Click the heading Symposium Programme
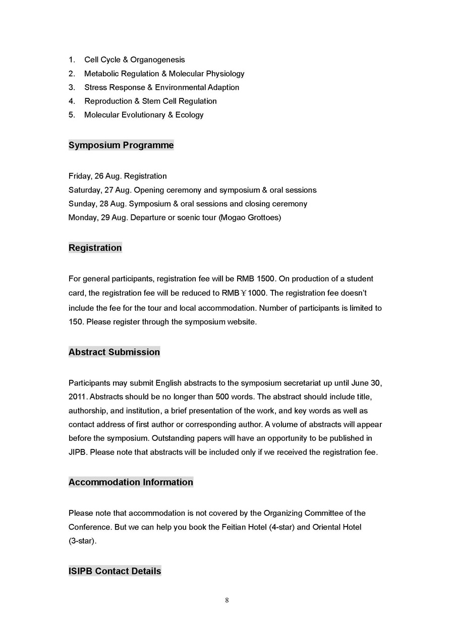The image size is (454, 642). tap(121, 145)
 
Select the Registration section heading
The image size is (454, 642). tap(95, 248)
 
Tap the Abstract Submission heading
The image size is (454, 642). tap(114, 352)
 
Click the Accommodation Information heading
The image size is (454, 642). tap(131, 482)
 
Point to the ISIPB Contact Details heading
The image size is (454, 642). tap(115, 571)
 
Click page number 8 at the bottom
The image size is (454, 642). tap(227, 600)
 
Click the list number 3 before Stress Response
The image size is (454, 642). tap(72, 87)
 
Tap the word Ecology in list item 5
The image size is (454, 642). tap(189, 115)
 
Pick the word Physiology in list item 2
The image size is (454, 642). tap(225, 74)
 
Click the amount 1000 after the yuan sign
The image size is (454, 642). tap(257, 293)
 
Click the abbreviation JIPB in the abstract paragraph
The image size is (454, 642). tap(78, 452)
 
